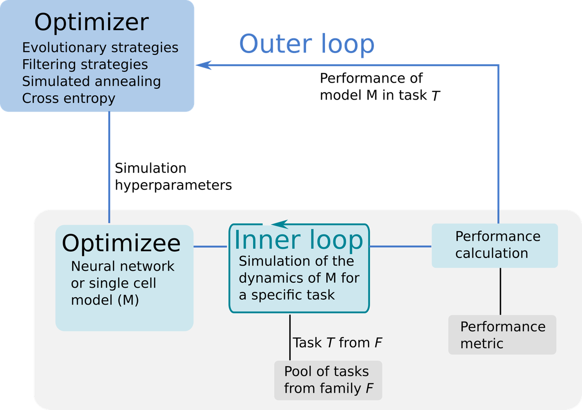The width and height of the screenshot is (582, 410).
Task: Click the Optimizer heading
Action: (x=91, y=23)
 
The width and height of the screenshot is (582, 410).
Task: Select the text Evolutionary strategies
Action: (x=100, y=48)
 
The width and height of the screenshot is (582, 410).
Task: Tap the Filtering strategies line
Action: (x=85, y=65)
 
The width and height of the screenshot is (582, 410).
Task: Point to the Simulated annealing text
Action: (x=91, y=81)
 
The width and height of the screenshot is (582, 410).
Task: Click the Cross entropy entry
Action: (x=68, y=98)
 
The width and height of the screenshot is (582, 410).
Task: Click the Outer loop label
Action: (x=307, y=44)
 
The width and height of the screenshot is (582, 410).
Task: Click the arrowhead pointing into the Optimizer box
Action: (x=204, y=65)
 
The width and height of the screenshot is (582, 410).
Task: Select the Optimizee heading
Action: (x=121, y=243)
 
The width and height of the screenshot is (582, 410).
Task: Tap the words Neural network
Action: (x=122, y=266)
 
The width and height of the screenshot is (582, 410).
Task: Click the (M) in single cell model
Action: (x=128, y=300)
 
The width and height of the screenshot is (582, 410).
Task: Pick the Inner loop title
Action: (x=298, y=239)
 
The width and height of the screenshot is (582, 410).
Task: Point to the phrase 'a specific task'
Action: (x=287, y=295)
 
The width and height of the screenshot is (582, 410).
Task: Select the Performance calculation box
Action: (x=495, y=245)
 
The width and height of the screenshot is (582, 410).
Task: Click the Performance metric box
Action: (x=502, y=335)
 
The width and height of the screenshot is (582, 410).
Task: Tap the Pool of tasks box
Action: (x=328, y=380)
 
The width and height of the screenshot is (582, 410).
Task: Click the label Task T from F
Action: (x=338, y=342)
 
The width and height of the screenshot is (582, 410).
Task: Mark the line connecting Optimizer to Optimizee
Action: (x=110, y=168)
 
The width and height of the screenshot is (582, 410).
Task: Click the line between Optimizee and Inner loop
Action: (x=211, y=247)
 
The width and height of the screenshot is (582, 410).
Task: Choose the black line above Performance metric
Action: (x=501, y=291)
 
